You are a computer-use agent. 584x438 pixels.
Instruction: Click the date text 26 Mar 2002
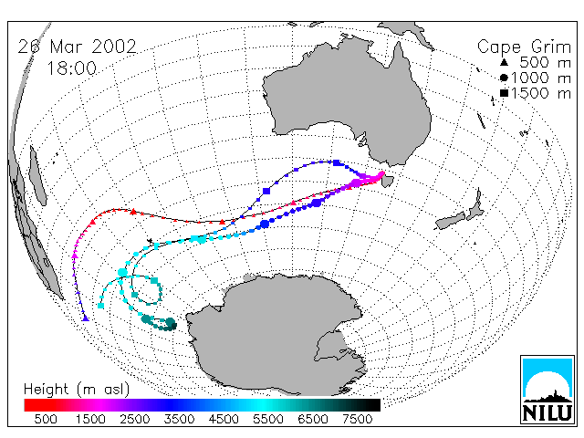77,47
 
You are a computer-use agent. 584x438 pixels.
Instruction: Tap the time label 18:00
72,68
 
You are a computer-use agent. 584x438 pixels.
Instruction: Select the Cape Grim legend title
524,47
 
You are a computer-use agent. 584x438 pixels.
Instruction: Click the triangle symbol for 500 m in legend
504,62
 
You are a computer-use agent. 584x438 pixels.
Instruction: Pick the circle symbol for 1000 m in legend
504,78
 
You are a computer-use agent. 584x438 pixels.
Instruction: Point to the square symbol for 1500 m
504,93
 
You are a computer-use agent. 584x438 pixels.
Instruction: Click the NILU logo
547,390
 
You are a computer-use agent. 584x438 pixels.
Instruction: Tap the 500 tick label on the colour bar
46,420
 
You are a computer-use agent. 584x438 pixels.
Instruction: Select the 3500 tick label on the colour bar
179,420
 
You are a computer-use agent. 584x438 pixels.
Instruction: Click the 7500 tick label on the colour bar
357,420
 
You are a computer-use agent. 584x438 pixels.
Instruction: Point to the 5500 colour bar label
268,420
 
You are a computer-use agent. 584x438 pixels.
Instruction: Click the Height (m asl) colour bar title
77,390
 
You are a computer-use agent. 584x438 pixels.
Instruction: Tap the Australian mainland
350,100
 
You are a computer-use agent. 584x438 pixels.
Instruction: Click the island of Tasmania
387,181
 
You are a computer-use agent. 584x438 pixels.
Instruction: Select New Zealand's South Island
452,221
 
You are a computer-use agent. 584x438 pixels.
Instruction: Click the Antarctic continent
276,335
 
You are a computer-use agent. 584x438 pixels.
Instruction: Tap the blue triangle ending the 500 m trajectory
86,318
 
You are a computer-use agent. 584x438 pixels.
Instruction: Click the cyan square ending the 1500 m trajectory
100,306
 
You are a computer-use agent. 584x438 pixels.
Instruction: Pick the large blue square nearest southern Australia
337,162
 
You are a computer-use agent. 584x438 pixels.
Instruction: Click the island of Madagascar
37,175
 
